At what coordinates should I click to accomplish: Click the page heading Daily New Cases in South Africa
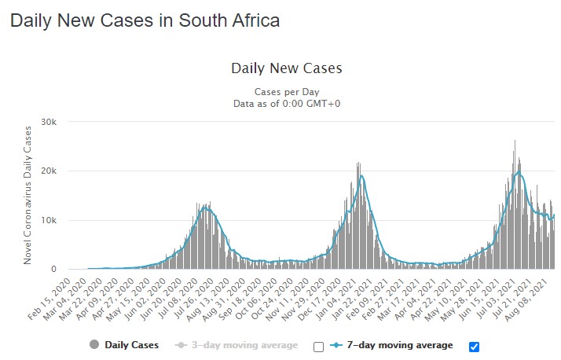(x=145, y=20)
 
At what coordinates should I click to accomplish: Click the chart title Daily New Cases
(x=286, y=68)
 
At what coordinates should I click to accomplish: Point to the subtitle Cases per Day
(x=286, y=92)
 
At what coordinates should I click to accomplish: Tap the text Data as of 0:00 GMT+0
(x=286, y=104)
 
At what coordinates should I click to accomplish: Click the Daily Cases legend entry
(x=133, y=345)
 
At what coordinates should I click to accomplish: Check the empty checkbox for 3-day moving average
(x=318, y=346)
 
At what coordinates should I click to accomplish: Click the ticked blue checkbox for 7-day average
(x=474, y=346)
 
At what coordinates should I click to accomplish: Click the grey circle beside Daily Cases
(x=95, y=345)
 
